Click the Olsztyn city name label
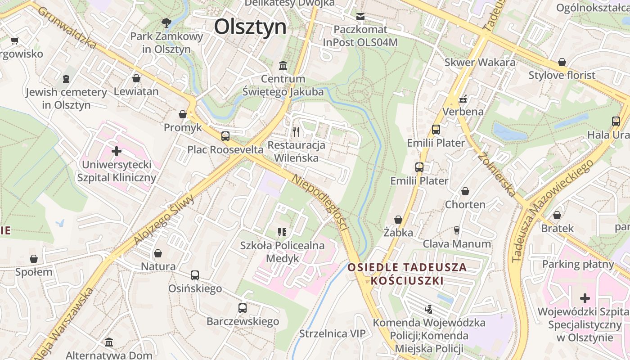point(250,27)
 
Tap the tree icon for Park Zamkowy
point(166,22)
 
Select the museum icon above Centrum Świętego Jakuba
point(283,66)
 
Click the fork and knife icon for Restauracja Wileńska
point(296,131)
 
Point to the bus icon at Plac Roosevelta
point(225,136)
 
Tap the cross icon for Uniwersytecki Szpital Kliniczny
point(117,151)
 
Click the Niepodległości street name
point(320,203)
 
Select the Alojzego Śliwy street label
point(164,220)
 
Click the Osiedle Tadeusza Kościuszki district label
point(407,274)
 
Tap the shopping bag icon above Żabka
point(398,220)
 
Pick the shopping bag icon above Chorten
point(465,191)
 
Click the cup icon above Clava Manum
point(457,230)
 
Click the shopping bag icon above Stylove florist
point(562,62)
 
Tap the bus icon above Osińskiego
point(194,275)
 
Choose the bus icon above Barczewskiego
point(243,308)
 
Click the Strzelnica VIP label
point(333,333)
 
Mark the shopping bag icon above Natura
point(158,253)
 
